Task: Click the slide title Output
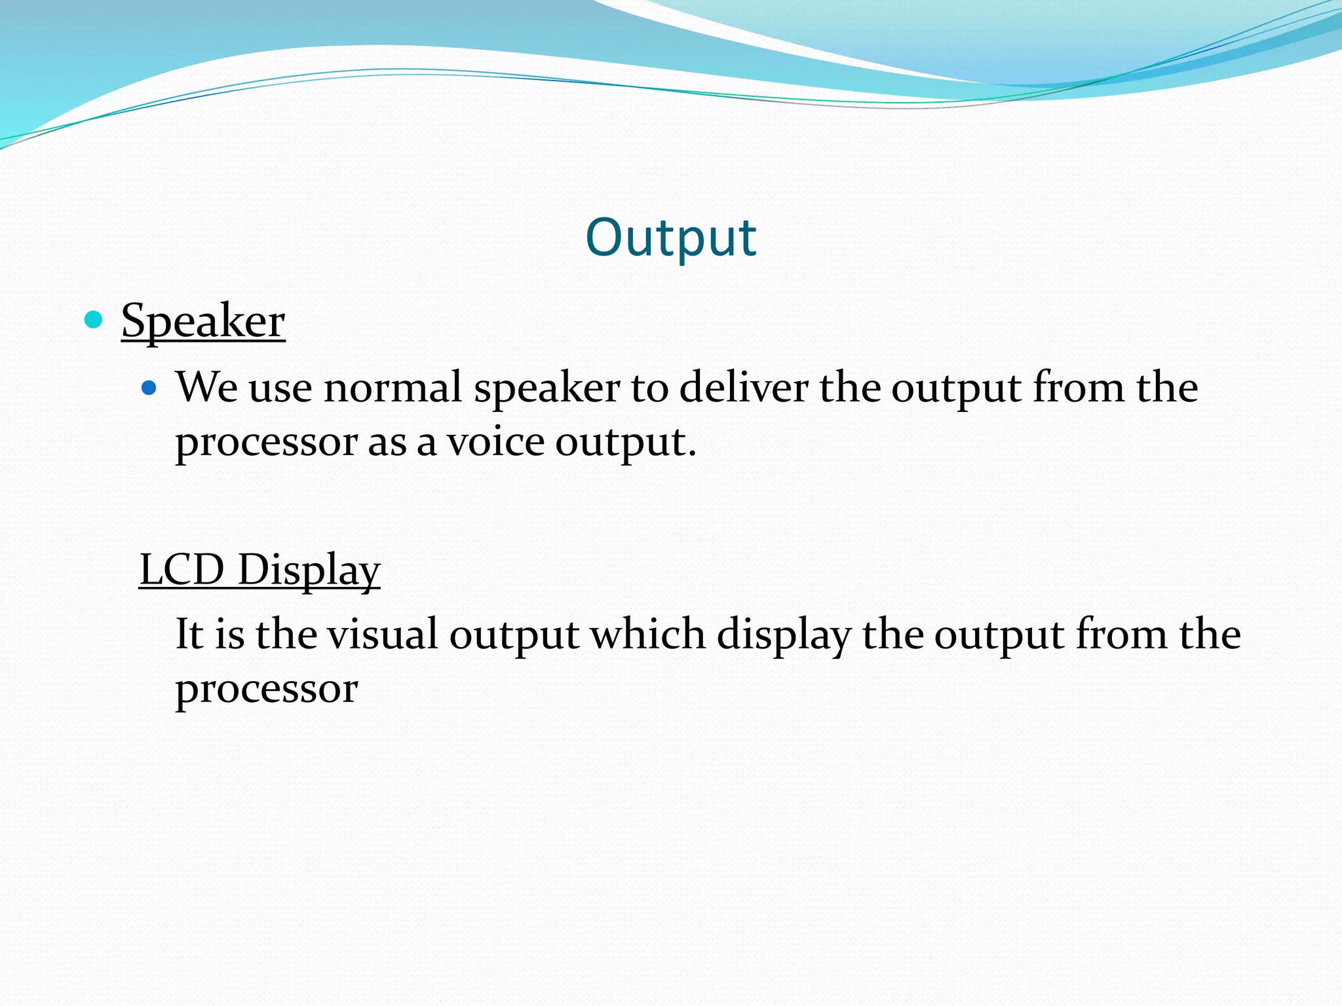[x=671, y=237]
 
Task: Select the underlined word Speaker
[x=203, y=321]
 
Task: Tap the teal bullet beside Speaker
[x=94, y=320]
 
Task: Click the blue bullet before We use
[x=149, y=388]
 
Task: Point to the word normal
[x=393, y=388]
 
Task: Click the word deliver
[x=743, y=388]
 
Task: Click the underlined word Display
[x=309, y=570]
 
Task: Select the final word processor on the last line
[x=266, y=690]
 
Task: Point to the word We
[x=206, y=388]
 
